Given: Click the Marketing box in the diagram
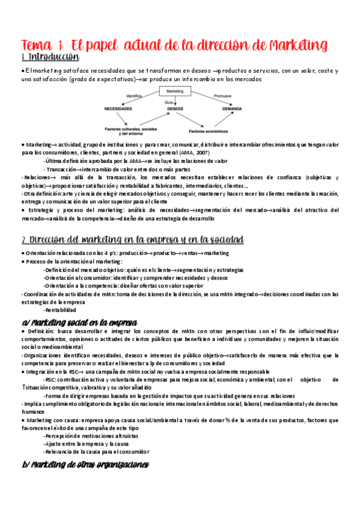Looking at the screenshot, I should click(174, 91).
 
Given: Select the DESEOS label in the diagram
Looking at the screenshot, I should click(175, 109).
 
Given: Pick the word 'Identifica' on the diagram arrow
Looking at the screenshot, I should click(134, 96).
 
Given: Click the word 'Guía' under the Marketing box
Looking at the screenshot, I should click(169, 102).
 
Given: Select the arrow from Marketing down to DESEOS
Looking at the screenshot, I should click(175, 101).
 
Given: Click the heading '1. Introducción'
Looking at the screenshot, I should click(50, 58).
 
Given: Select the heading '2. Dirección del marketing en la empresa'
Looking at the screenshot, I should click(132, 240).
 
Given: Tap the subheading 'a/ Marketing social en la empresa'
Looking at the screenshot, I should click(79, 322).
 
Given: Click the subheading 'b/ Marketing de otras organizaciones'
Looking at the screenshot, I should click(85, 464).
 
